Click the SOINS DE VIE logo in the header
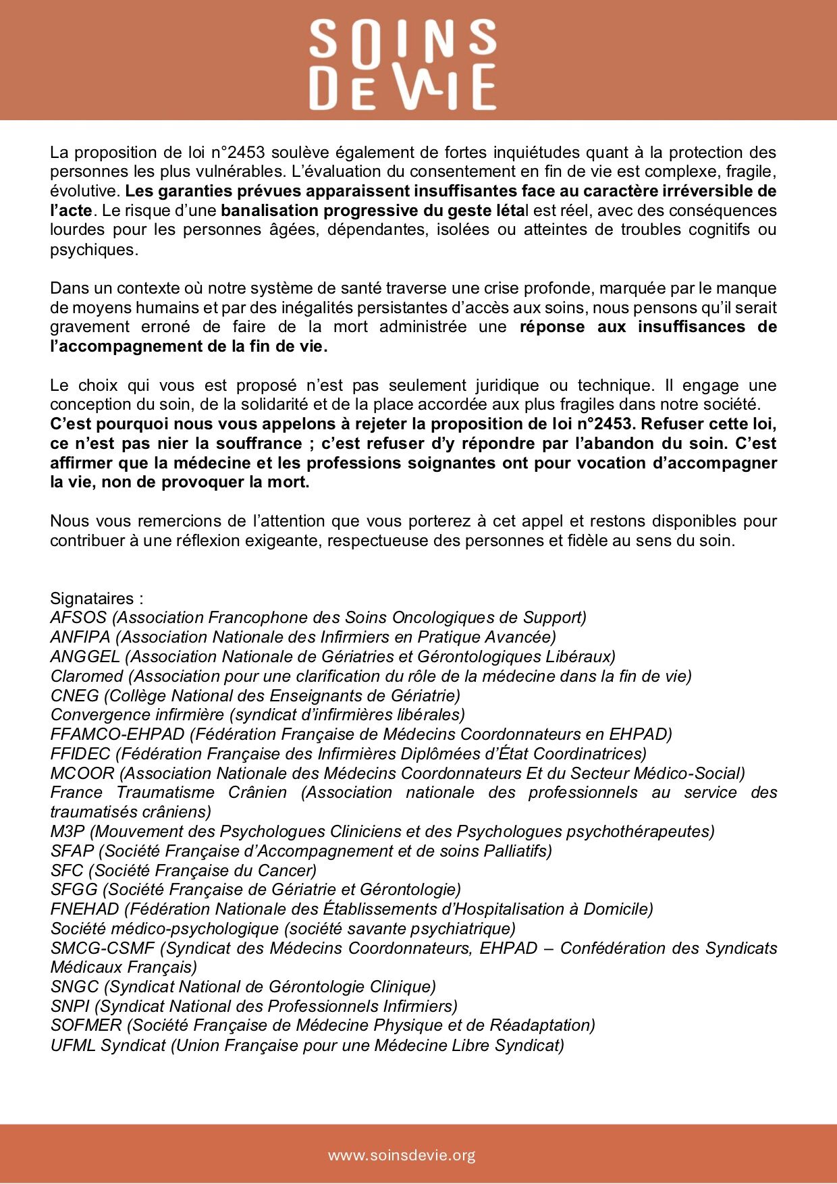(x=403, y=65)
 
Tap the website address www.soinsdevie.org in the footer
(x=402, y=1155)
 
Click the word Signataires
(x=92, y=599)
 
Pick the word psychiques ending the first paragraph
(x=92, y=250)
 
